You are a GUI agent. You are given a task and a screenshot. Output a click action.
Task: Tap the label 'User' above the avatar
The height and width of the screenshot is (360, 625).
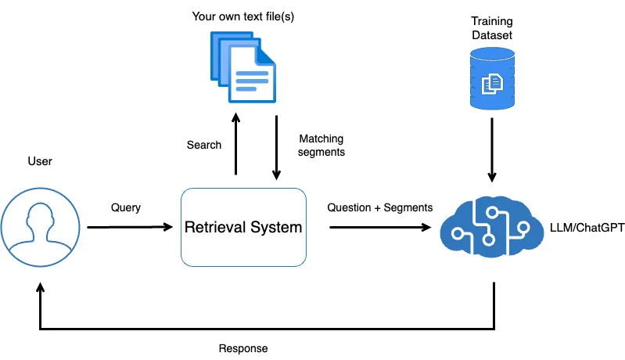[39, 161]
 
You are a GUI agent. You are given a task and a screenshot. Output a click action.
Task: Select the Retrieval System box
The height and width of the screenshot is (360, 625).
[243, 227]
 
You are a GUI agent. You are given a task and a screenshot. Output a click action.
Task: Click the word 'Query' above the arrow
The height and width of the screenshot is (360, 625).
[126, 207]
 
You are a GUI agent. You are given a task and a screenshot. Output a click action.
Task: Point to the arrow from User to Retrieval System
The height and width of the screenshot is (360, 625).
[129, 228]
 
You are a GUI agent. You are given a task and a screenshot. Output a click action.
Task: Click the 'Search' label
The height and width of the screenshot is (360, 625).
[204, 145]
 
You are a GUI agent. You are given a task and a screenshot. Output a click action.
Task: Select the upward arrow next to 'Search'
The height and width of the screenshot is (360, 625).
[235, 145]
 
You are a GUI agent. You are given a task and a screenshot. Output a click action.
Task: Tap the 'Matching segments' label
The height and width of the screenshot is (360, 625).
[321, 145]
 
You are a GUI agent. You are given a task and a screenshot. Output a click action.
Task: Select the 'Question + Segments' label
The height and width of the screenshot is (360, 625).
[379, 207]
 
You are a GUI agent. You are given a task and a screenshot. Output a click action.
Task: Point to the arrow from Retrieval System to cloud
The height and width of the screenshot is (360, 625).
[379, 228]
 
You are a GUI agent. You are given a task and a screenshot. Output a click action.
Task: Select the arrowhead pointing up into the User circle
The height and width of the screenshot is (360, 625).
[40, 289]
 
